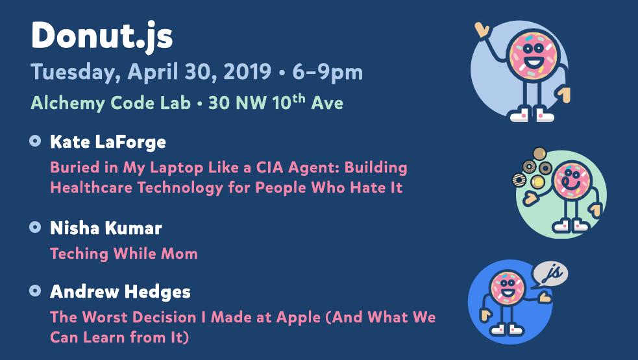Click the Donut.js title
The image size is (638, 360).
pyautogui.click(x=102, y=36)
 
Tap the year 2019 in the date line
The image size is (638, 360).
pyautogui.click(x=247, y=71)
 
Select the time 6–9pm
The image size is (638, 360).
pyautogui.click(x=327, y=73)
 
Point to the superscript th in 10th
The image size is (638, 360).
pyautogui.click(x=299, y=98)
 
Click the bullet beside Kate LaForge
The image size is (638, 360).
pyautogui.click(x=36, y=141)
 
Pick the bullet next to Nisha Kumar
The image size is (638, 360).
pyautogui.click(x=36, y=227)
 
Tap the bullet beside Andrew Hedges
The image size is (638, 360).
pyautogui.click(x=36, y=291)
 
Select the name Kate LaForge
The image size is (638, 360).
pyautogui.click(x=108, y=142)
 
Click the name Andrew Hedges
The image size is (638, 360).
pyautogui.click(x=121, y=292)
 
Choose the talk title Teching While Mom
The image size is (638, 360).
pyautogui.click(x=124, y=254)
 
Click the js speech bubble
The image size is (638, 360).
pyautogui.click(x=550, y=273)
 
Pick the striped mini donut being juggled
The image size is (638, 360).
pyautogui.click(x=519, y=180)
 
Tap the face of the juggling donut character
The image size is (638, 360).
pyautogui.click(x=572, y=180)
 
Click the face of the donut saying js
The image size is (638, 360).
pyautogui.click(x=507, y=287)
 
